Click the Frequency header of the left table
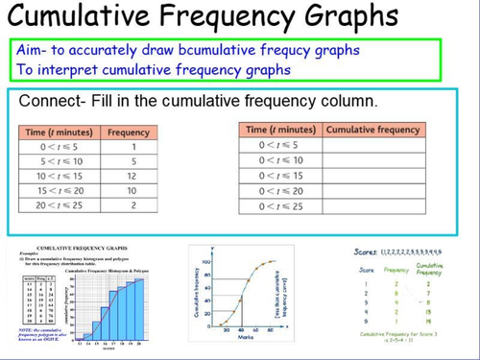tap(128, 132)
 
